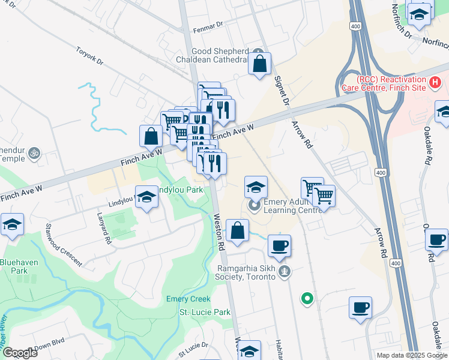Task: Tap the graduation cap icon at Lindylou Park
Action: click(x=146, y=197)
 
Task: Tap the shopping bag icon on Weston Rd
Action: click(x=238, y=230)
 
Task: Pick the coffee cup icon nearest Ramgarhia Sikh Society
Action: click(x=279, y=245)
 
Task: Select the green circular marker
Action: click(x=307, y=297)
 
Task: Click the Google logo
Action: click(x=19, y=352)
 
